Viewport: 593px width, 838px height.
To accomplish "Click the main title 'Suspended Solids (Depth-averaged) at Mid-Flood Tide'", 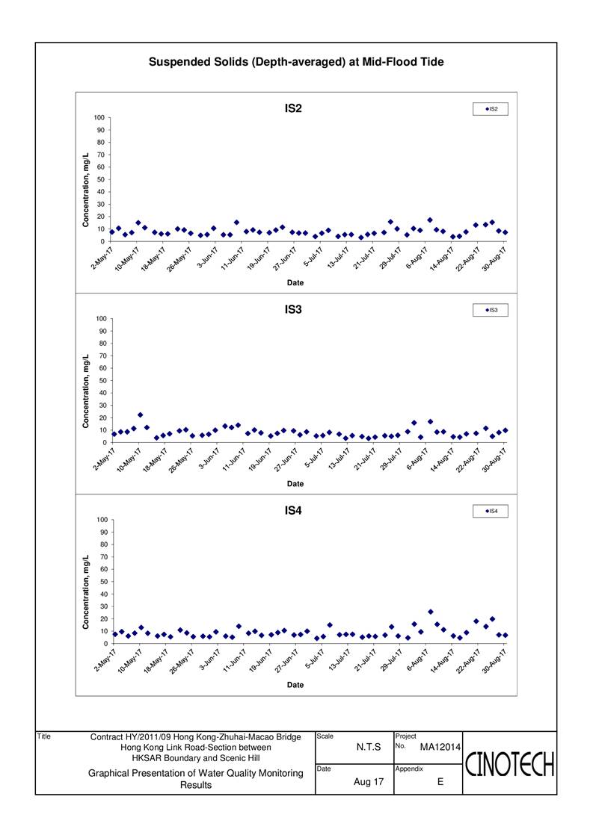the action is point(296,62).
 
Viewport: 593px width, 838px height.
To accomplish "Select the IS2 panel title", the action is point(293,108).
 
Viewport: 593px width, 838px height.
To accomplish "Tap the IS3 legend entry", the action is point(491,310).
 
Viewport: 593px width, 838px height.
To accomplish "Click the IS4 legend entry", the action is point(491,511).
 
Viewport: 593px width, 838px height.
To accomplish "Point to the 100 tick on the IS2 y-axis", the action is point(100,117).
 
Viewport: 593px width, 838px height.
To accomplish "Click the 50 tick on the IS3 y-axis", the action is point(102,380).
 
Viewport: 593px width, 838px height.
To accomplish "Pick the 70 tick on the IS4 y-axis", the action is point(102,557).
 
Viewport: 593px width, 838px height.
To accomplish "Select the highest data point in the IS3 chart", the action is point(141,415).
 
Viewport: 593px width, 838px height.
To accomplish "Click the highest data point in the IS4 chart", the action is point(431,612).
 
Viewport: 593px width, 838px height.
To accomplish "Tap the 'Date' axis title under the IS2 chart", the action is point(295,283).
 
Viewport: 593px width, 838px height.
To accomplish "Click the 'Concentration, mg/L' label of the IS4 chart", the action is point(86,592).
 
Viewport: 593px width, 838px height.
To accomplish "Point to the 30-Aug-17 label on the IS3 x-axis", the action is point(494,460).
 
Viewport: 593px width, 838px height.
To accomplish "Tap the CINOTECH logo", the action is point(509,764).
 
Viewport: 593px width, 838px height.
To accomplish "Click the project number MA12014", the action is point(440,747).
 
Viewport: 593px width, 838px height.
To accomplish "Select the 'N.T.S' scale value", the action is point(369,747).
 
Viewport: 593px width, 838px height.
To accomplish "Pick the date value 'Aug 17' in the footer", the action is point(369,782).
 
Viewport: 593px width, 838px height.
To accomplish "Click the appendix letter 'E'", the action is point(440,782).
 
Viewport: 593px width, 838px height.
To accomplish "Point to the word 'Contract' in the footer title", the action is point(106,737).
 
